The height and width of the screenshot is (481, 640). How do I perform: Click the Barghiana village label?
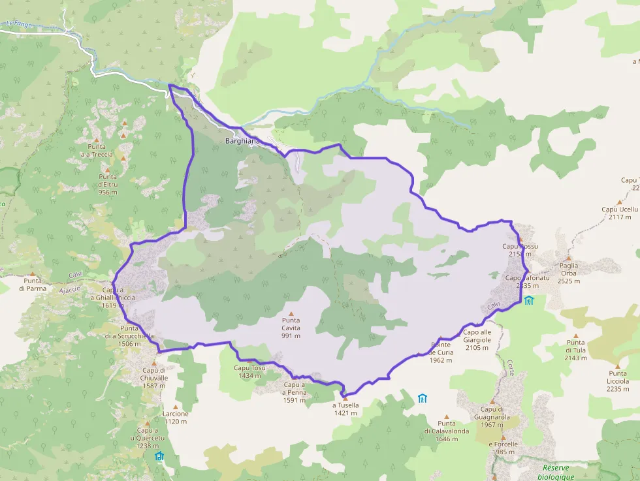point(242,140)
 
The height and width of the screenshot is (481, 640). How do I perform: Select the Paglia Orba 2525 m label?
point(569,273)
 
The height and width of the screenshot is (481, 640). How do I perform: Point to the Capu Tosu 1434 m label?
point(250,371)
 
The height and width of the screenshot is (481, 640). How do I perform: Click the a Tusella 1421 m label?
point(345,409)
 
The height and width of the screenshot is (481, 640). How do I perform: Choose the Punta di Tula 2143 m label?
point(576,353)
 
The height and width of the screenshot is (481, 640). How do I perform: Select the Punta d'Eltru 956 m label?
point(108,184)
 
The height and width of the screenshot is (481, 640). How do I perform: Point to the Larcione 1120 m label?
point(176,417)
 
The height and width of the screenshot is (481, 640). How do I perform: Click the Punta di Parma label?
point(31,285)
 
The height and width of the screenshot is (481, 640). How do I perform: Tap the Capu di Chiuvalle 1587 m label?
point(155,381)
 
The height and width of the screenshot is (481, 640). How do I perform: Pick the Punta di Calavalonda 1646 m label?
point(447,435)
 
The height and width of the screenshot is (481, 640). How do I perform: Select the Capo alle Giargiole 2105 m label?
point(477,343)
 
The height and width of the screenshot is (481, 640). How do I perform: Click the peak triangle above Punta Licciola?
point(617,366)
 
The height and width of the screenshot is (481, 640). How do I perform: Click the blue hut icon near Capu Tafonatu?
point(528,300)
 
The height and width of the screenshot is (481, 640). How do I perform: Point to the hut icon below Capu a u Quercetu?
point(159,456)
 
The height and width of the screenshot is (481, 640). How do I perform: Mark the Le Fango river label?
point(20,24)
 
